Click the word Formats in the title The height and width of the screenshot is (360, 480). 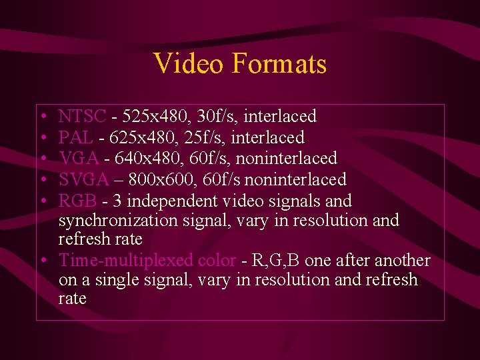click(279, 64)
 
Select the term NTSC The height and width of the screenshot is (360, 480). click(82, 117)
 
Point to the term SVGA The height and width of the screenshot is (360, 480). click(83, 180)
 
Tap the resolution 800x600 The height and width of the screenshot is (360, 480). click(158, 180)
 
